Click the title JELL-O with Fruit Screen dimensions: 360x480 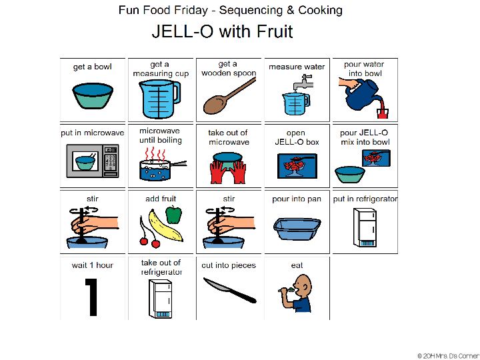pos(222,31)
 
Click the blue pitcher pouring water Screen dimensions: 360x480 pos(356,93)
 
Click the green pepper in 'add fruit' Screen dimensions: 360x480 pos(173,215)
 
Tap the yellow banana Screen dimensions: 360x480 pos(164,226)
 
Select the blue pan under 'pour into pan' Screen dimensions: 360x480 pos(297,228)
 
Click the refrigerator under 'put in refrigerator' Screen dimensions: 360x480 pos(365,227)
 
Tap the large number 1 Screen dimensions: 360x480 pos(93,296)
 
